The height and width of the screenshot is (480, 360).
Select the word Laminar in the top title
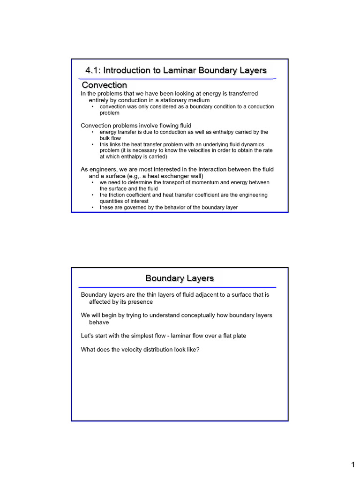pyautogui.click(x=180, y=70)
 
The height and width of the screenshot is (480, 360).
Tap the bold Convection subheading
pyautogui.click(x=104, y=85)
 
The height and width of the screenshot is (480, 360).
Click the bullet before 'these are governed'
pyautogui.click(x=93, y=207)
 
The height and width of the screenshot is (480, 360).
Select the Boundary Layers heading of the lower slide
pyautogui.click(x=180, y=278)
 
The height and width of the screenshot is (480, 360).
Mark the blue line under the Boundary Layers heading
pyautogui.click(x=177, y=287)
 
